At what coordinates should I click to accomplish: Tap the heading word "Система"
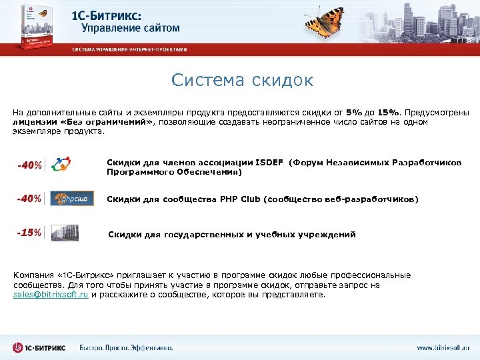(207, 81)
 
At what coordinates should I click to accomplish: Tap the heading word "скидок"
(282, 81)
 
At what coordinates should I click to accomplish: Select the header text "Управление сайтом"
(131, 28)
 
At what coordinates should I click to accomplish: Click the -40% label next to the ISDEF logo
(29, 165)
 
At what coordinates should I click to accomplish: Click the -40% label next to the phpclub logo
(29, 199)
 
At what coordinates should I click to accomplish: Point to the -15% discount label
(29, 233)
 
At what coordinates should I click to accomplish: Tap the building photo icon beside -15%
(65, 233)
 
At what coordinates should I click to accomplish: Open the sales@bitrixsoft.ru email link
(51, 294)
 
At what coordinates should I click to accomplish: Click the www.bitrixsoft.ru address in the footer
(443, 347)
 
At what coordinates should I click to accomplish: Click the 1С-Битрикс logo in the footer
(41, 347)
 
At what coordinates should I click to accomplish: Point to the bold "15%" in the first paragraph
(390, 111)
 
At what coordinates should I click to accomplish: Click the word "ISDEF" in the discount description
(268, 163)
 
